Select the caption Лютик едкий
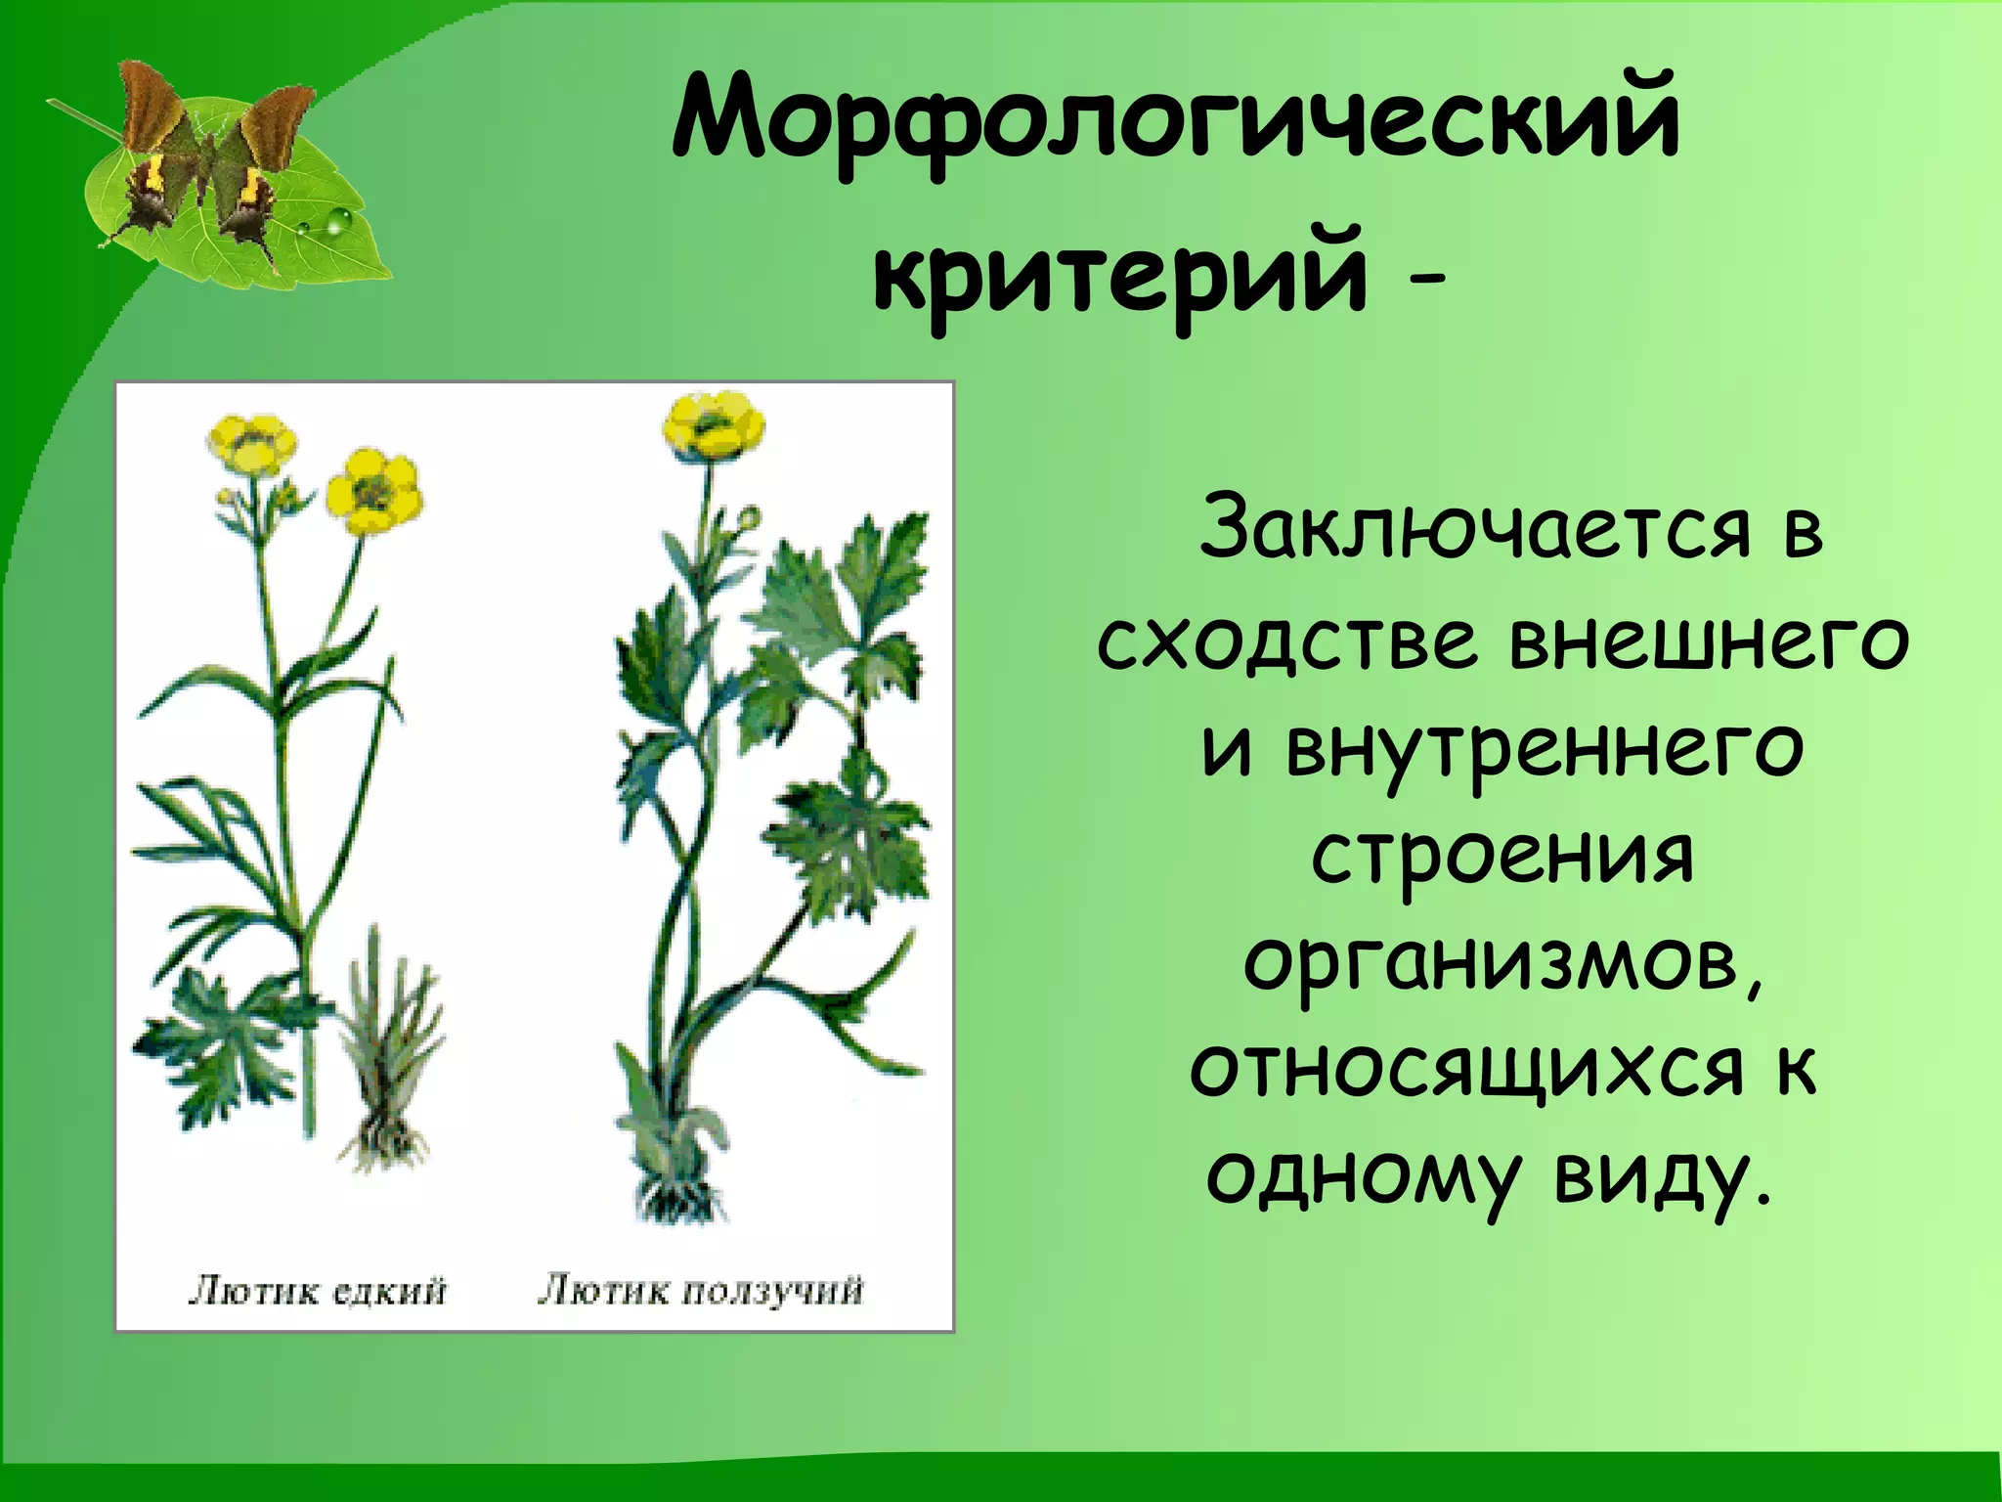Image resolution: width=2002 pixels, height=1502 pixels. pyautogui.click(x=317, y=1291)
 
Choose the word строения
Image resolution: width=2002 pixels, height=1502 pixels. pyautogui.click(x=1501, y=856)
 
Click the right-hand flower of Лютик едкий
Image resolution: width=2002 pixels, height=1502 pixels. pyautogui.click(x=372, y=491)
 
